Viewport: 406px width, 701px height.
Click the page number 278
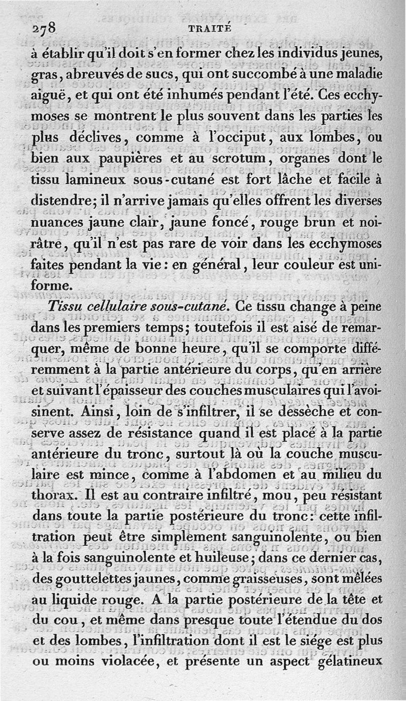click(45, 28)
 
